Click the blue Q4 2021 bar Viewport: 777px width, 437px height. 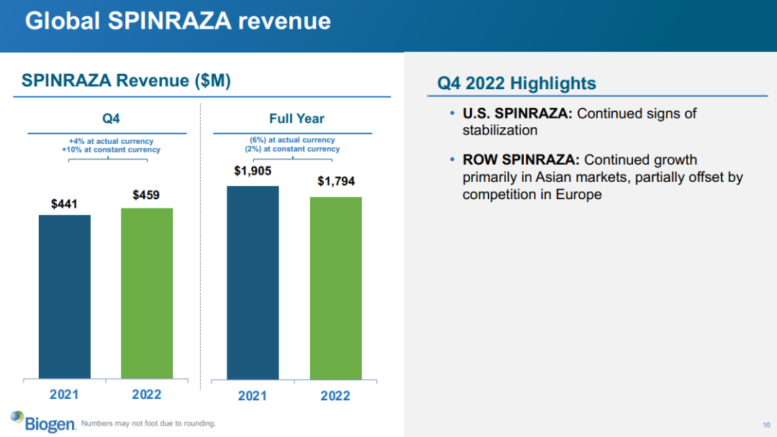[x=65, y=296]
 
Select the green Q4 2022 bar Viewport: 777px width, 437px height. [x=147, y=293]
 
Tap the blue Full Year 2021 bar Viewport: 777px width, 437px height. [x=253, y=282]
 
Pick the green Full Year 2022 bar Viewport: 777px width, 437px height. [x=336, y=287]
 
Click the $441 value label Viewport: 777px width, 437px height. [x=65, y=205]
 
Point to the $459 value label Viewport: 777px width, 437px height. [x=147, y=195]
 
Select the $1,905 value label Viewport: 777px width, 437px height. [x=253, y=171]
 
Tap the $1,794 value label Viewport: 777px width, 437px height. [x=336, y=181]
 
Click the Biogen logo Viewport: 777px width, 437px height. [x=43, y=421]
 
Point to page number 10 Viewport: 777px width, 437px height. [x=766, y=423]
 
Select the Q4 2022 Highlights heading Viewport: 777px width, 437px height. [x=517, y=83]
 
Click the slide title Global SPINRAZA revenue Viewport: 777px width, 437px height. [x=178, y=21]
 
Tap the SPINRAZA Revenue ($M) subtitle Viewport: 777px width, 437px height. [x=126, y=81]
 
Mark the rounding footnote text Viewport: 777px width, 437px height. [x=148, y=423]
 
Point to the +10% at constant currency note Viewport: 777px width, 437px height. [x=111, y=149]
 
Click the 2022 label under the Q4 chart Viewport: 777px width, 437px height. [x=147, y=395]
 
